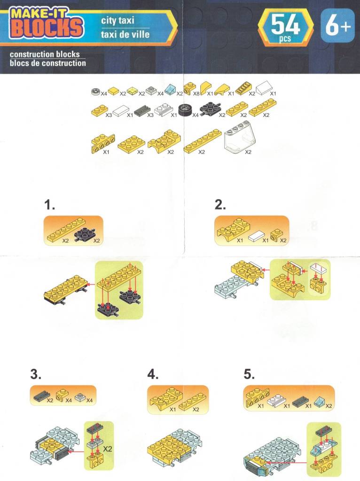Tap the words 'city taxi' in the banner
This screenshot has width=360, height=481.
(x=117, y=21)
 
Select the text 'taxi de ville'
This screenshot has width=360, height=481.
(x=125, y=34)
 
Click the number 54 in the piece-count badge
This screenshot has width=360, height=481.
(x=285, y=25)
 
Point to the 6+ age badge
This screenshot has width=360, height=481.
(x=337, y=25)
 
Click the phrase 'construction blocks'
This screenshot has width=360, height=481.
(x=45, y=54)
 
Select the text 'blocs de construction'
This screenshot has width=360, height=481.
(x=48, y=63)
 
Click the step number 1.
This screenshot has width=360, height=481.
(x=49, y=205)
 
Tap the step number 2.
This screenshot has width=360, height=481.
(x=220, y=205)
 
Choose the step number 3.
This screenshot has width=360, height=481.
(x=36, y=374)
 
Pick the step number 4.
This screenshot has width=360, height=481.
(x=153, y=374)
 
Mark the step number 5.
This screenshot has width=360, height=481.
(x=249, y=374)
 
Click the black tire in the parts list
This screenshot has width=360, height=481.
(x=185, y=110)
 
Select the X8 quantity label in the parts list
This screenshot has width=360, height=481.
(x=196, y=93)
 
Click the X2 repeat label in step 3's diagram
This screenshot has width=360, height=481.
(x=107, y=449)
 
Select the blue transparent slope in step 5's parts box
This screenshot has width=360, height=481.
(x=319, y=400)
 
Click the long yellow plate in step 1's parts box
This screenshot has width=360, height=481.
(x=66, y=229)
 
